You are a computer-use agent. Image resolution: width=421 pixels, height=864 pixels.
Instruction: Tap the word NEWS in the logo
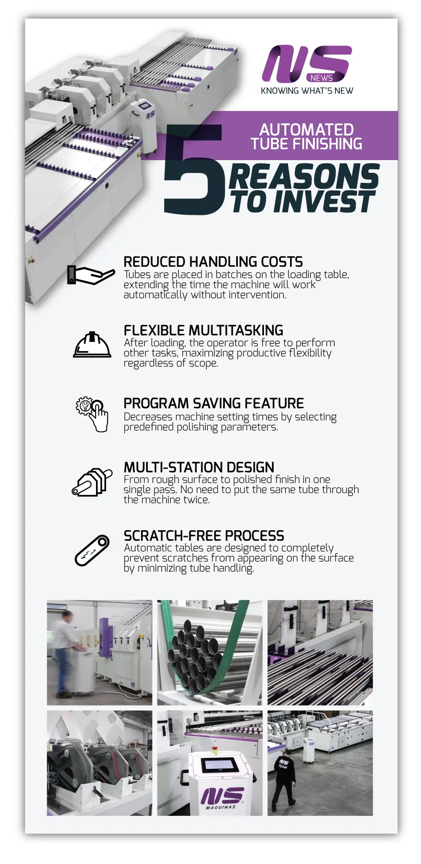[322, 78]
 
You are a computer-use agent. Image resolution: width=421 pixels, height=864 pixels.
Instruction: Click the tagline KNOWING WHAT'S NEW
[307, 91]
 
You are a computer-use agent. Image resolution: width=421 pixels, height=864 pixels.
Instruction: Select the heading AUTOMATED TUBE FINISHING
[306, 137]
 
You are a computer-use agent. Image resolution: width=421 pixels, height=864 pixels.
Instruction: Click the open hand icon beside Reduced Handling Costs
[91, 275]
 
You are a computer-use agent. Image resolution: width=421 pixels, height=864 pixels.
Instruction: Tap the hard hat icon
[92, 345]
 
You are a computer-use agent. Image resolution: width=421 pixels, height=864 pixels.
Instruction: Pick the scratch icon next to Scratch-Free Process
[92, 550]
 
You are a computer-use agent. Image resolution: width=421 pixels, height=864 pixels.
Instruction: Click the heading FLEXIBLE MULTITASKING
[203, 330]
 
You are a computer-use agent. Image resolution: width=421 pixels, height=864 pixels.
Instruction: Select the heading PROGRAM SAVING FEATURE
[213, 403]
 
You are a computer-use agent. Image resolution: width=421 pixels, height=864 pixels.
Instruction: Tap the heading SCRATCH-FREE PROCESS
[204, 536]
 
